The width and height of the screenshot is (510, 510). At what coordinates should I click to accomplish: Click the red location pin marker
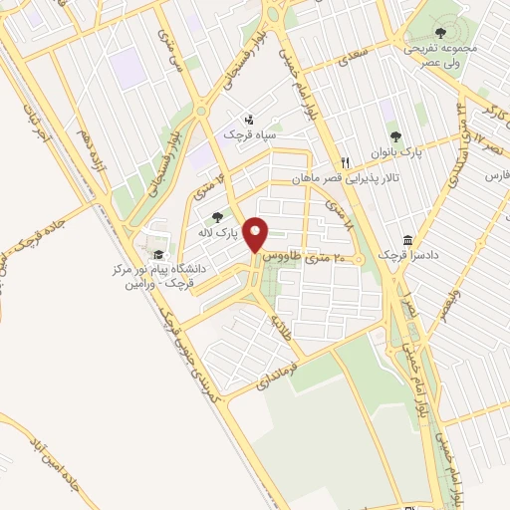pyautogui.click(x=257, y=234)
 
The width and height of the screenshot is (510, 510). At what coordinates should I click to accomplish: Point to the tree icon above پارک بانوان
pyautogui.click(x=396, y=135)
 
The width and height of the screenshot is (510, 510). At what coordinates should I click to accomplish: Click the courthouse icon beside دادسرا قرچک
pyautogui.click(x=407, y=240)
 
